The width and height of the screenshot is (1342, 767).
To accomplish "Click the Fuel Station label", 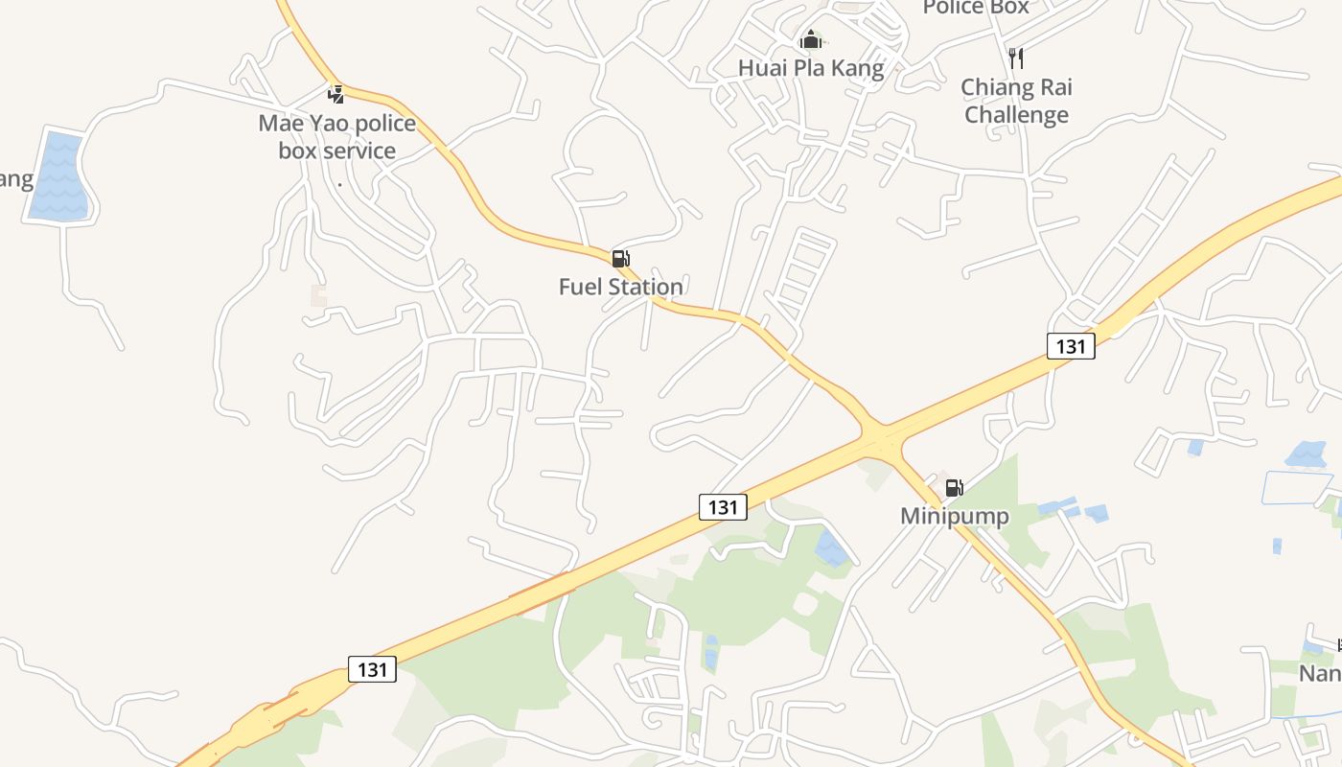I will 621,287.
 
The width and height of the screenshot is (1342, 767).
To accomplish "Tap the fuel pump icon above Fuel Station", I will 620,259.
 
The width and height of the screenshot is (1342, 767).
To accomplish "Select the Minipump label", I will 954,517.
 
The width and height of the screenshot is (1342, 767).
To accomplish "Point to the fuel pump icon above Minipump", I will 954,488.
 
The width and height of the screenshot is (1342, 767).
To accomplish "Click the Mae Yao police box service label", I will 337,137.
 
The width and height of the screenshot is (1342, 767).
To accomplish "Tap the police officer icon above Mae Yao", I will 336,94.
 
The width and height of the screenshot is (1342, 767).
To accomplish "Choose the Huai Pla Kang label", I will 811,68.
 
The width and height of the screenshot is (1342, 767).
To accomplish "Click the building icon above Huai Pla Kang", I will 811,40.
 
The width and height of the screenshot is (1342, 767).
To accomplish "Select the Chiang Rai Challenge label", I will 1016,101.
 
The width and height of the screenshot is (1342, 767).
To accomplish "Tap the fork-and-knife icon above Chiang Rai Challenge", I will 1016,58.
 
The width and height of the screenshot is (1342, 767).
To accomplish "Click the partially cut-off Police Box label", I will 976,9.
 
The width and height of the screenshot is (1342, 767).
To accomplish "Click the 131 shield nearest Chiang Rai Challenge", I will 1070,346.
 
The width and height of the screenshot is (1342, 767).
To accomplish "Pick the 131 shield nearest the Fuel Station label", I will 723,506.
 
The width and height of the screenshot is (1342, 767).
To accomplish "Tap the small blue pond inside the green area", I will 830,549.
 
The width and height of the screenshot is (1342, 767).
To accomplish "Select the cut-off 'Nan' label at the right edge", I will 1321,673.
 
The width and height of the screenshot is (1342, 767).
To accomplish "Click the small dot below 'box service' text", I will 340,183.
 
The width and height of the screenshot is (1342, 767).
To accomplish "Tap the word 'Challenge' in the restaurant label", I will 1016,115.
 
